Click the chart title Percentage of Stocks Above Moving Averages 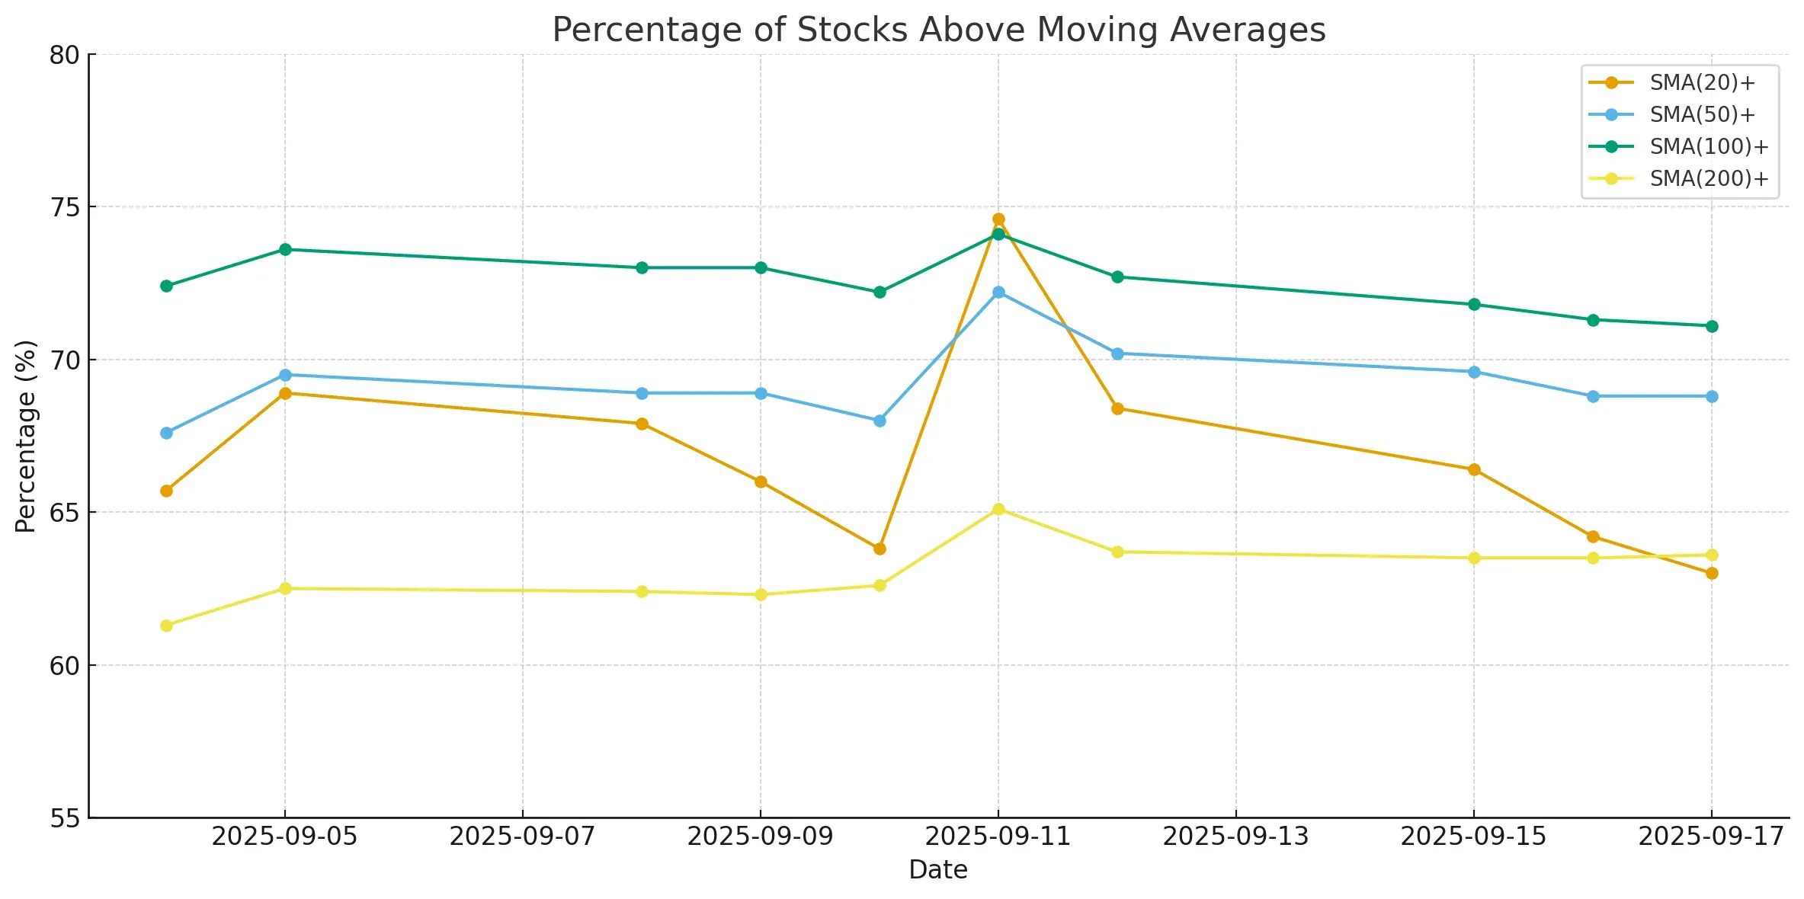click(939, 30)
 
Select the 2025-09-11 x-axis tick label click(998, 837)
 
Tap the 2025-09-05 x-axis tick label click(284, 837)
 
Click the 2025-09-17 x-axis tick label click(1711, 837)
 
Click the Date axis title click(938, 870)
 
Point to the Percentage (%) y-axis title click(26, 436)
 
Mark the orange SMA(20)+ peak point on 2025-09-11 click(998, 219)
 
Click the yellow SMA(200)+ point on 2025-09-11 click(998, 509)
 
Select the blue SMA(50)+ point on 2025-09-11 click(998, 293)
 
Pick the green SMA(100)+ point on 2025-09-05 click(285, 249)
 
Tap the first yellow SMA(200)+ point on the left click(166, 625)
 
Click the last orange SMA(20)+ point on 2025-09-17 click(1712, 573)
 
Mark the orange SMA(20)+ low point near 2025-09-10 click(880, 549)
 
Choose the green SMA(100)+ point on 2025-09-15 click(1474, 305)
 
